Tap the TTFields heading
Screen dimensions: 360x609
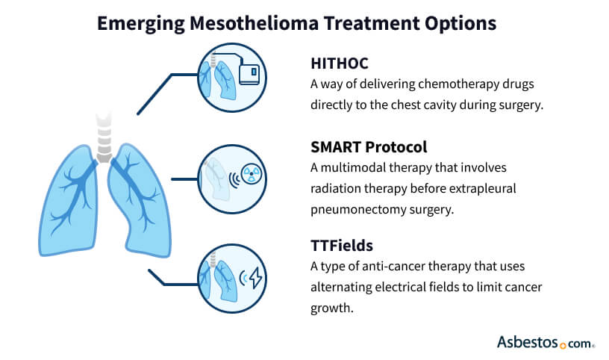coord(342,244)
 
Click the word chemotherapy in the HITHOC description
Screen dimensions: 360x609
coord(443,84)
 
